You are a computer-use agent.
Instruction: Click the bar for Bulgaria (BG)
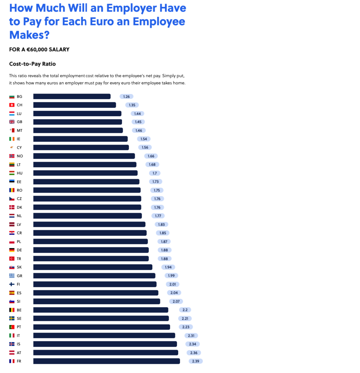pyautogui.click(x=72, y=97)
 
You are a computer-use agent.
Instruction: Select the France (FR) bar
pyautogui.click(x=106, y=361)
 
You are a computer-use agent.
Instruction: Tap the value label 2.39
pyautogui.click(x=196, y=361)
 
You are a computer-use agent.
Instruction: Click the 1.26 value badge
pyautogui.click(x=126, y=97)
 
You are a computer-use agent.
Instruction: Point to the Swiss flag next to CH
pyautogui.click(x=12, y=105)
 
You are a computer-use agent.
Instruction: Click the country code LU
pyautogui.click(x=19, y=114)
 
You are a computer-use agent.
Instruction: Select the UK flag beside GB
pyautogui.click(x=12, y=122)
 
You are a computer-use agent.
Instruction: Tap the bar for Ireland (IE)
pyautogui.click(x=81, y=139)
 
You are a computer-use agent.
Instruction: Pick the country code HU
pyautogui.click(x=20, y=173)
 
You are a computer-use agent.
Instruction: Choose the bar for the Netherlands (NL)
pyautogui.click(x=87, y=216)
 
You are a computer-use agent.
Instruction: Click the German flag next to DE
pyautogui.click(x=12, y=250)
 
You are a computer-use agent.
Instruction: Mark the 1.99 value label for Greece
pyautogui.click(x=171, y=275)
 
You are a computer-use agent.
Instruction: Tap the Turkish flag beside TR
pyautogui.click(x=12, y=259)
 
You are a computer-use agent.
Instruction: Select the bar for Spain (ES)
pyautogui.click(x=96, y=292)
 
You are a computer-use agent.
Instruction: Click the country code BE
pyautogui.click(x=19, y=310)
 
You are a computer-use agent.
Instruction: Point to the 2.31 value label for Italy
pyautogui.click(x=191, y=335)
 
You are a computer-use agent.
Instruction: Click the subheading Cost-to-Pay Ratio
pyautogui.click(x=32, y=64)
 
